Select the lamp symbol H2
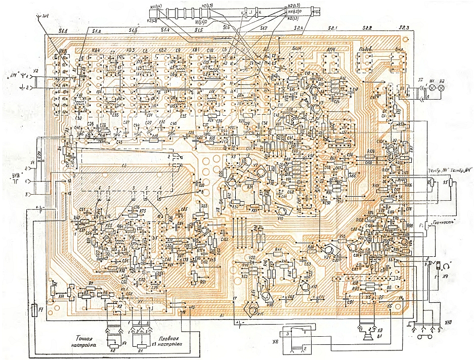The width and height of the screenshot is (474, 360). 441,87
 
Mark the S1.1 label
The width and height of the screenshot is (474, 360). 63,31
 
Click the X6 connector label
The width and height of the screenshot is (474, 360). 275,342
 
